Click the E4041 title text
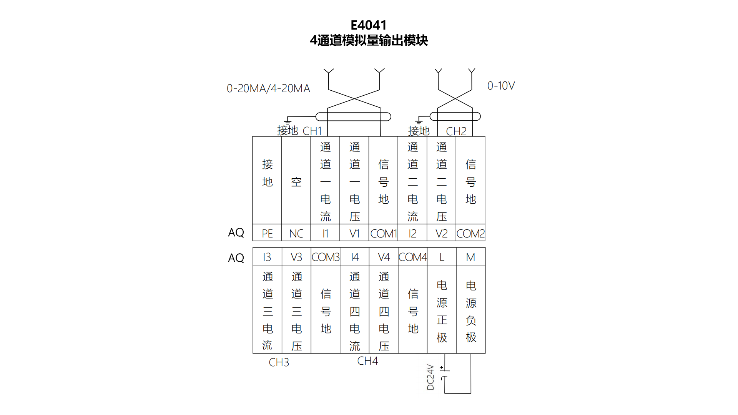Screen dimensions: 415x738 [x=368, y=25]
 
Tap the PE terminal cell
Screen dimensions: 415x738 [x=267, y=233]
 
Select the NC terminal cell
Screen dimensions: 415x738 [x=296, y=233]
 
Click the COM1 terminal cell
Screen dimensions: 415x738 [x=383, y=233]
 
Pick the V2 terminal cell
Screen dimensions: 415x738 [x=441, y=233]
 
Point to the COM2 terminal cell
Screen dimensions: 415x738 [x=470, y=233]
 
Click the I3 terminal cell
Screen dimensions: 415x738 [x=267, y=257]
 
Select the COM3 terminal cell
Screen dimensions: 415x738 [x=326, y=257]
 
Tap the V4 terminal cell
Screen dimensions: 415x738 [x=384, y=257]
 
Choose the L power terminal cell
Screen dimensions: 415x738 [x=442, y=257]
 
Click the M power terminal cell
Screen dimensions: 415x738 [x=470, y=257]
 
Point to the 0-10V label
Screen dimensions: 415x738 [x=501, y=86]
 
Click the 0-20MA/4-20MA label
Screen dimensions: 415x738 [x=268, y=88]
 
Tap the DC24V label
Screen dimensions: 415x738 [x=430, y=377]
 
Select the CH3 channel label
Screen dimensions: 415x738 [x=279, y=362]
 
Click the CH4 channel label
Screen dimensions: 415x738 [x=367, y=361]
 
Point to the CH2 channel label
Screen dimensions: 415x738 [x=456, y=131]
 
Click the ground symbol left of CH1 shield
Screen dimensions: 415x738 [x=288, y=121]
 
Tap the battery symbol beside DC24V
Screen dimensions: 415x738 [x=444, y=373]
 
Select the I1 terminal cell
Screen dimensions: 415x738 [x=325, y=233]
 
